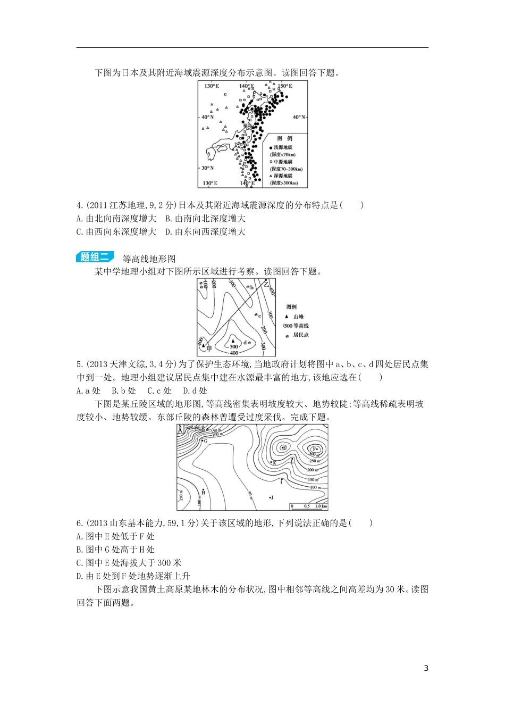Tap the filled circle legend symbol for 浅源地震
(271, 147)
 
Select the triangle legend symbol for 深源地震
(271, 176)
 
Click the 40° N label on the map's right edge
(299, 117)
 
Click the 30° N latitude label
(207, 168)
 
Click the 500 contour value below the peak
(234, 347)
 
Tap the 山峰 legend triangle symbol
(288, 317)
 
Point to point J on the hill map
(271, 497)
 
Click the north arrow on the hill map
(180, 429)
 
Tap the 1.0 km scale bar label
(321, 506)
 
